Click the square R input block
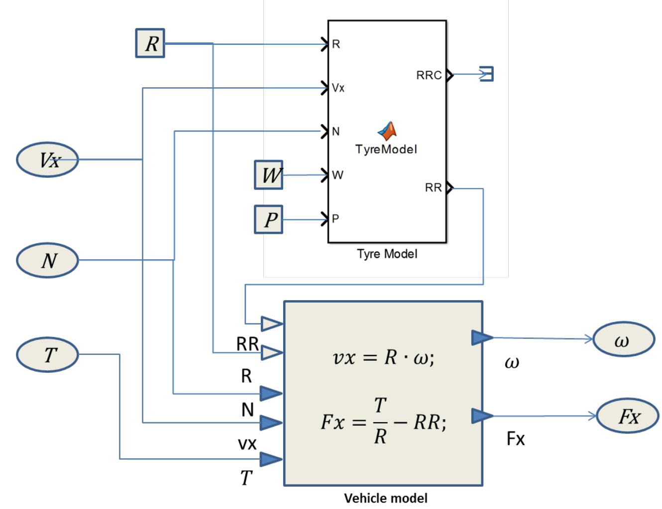tap(150, 43)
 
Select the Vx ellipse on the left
tap(48, 160)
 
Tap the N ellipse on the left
tap(48, 260)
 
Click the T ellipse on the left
tap(48, 354)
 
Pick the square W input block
tap(269, 175)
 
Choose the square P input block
tap(269, 219)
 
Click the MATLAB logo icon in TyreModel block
tap(387, 131)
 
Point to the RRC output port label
tap(429, 75)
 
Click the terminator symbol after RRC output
tap(487, 74)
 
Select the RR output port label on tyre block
tap(433, 188)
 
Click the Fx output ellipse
tap(628, 416)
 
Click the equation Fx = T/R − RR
tap(383, 422)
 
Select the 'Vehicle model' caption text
tap(386, 498)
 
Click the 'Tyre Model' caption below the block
tap(387, 254)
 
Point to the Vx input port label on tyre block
tap(338, 88)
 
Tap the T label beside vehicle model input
tap(246, 478)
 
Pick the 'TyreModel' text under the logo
tap(386, 149)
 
